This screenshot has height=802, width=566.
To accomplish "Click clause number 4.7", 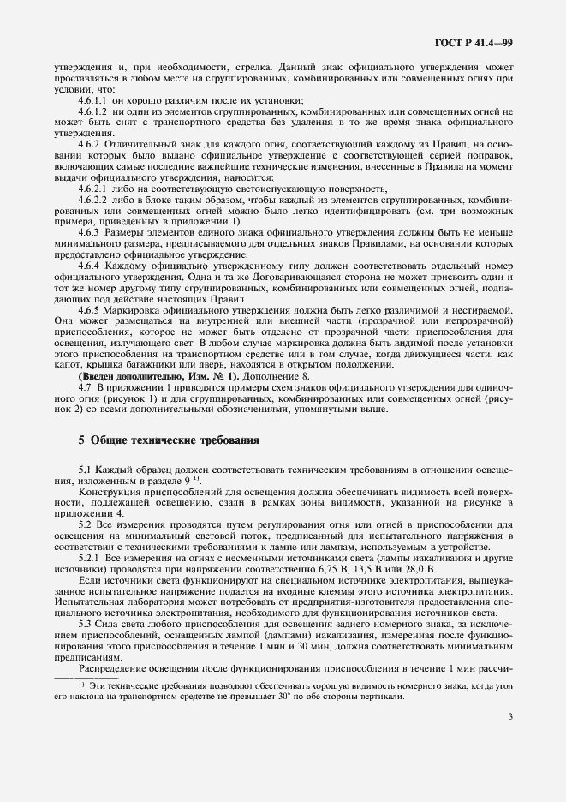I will (x=84, y=386).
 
